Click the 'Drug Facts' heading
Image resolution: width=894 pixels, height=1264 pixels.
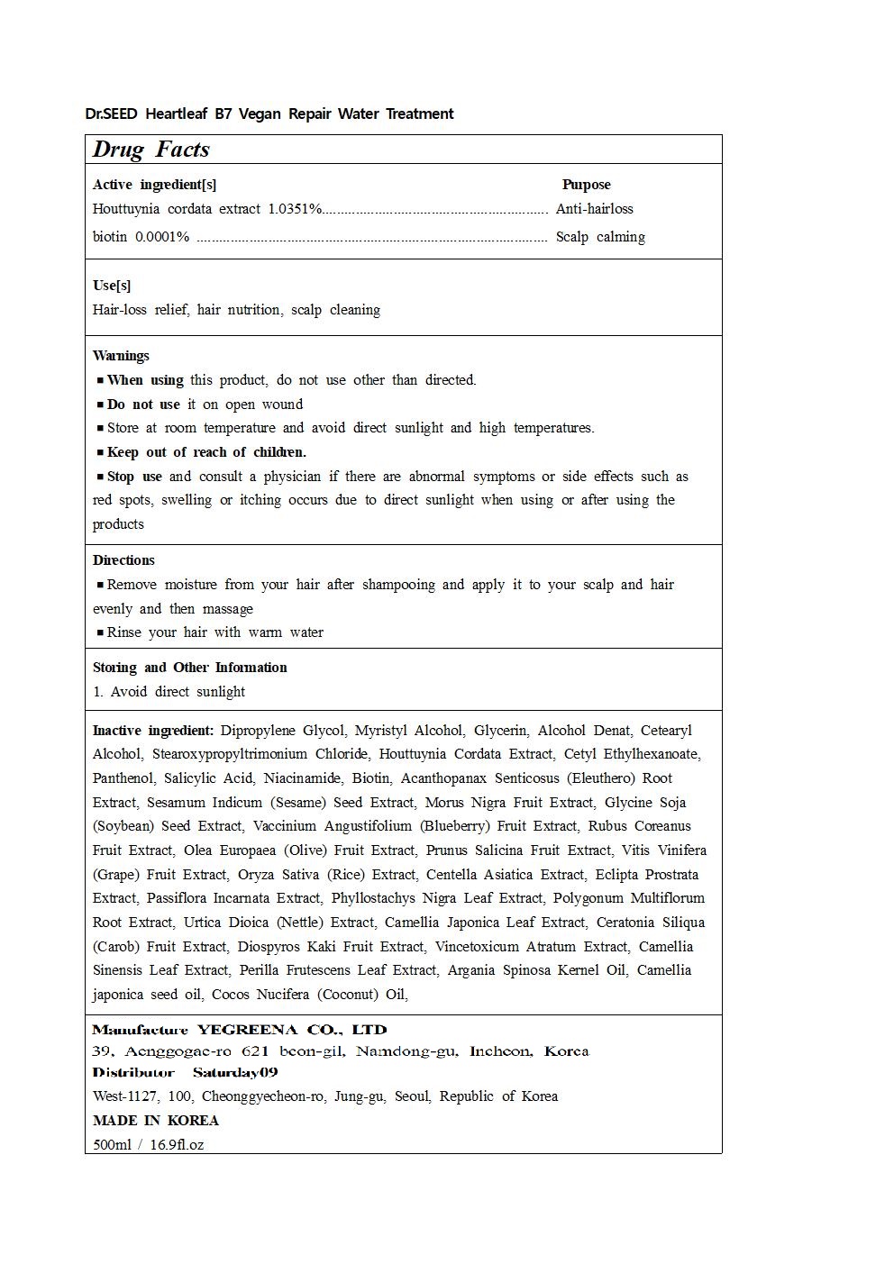[x=151, y=150]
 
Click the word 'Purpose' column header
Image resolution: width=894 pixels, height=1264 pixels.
[x=586, y=185]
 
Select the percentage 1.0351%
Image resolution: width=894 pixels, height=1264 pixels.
[x=295, y=209]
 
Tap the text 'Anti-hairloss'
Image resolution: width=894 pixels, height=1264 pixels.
[x=594, y=209]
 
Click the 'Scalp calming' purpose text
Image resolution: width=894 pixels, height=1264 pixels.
[x=600, y=237]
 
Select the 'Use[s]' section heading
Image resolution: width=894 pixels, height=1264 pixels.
[x=112, y=286]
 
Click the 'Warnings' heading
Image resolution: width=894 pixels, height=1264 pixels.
[x=121, y=356]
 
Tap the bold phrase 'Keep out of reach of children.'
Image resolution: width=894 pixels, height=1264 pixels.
[x=206, y=452]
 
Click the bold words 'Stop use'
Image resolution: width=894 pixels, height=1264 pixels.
[x=134, y=477]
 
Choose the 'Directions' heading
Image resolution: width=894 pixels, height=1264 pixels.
[x=123, y=560]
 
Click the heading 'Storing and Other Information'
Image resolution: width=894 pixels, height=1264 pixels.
[x=189, y=668]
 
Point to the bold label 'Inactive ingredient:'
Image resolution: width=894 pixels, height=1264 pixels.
[x=153, y=731]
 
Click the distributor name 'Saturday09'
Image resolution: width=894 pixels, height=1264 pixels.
[x=235, y=1072]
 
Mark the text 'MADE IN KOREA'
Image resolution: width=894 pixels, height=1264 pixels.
[x=156, y=1121]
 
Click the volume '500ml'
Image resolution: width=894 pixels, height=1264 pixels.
[x=112, y=1145]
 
